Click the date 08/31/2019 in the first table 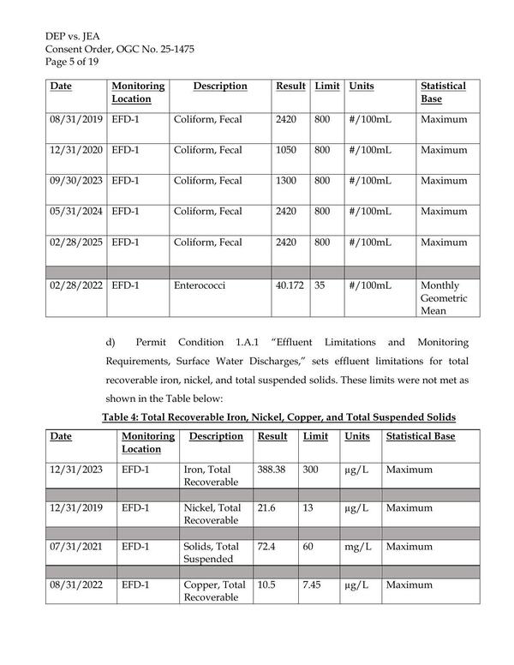point(75,120)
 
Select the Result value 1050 point(286,151)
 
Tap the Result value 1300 point(286,182)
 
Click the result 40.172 point(290,285)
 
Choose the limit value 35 point(320,285)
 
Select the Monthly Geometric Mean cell point(441,298)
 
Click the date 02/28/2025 point(75,243)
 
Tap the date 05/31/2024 point(75,213)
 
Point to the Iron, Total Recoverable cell point(214,476)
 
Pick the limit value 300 point(311,470)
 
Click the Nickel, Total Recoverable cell point(214,514)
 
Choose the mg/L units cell point(357,546)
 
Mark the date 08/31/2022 point(75,585)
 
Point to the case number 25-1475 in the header point(175,49)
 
